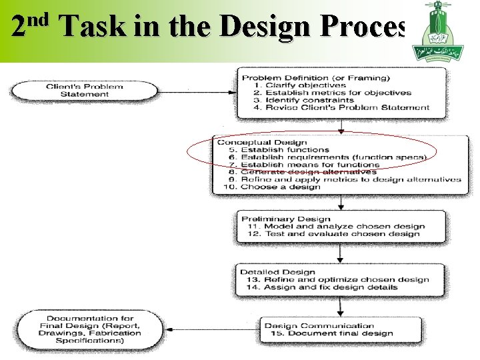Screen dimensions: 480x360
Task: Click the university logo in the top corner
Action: point(439,29)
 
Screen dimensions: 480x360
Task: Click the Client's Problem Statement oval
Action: point(85,90)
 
